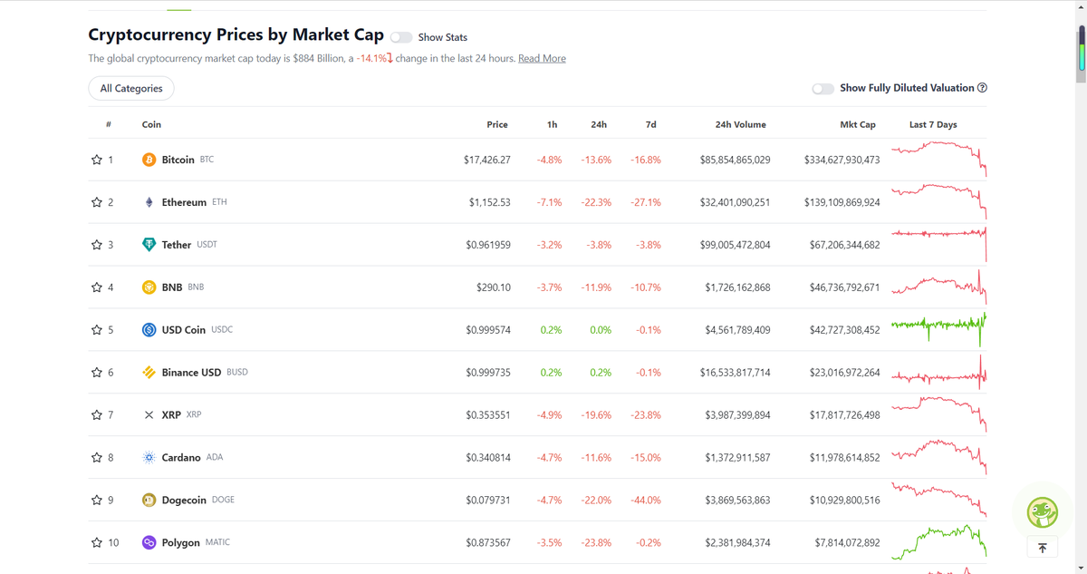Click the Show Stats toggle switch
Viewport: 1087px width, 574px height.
[401, 37]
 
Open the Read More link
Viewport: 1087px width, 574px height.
[542, 58]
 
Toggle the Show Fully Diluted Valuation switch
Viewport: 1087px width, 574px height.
[823, 88]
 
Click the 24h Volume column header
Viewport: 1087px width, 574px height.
[741, 125]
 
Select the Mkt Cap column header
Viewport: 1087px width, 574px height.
[858, 125]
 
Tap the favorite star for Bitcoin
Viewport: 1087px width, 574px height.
[97, 160]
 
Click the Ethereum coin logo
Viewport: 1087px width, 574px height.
[149, 202]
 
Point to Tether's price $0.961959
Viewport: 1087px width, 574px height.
[487, 245]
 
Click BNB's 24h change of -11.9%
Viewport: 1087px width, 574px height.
[596, 287]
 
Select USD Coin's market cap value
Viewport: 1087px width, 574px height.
[844, 330]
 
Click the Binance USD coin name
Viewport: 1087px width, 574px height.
[191, 373]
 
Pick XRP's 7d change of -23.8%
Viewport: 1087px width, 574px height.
[645, 415]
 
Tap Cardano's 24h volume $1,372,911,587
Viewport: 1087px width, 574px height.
[737, 457]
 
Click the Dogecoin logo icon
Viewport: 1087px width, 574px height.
[149, 500]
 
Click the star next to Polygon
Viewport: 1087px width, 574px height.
[97, 542]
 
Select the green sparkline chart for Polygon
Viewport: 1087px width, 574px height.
[939, 542]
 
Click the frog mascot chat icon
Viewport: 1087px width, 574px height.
[1042, 512]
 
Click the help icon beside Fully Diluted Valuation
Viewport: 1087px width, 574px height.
[982, 88]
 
